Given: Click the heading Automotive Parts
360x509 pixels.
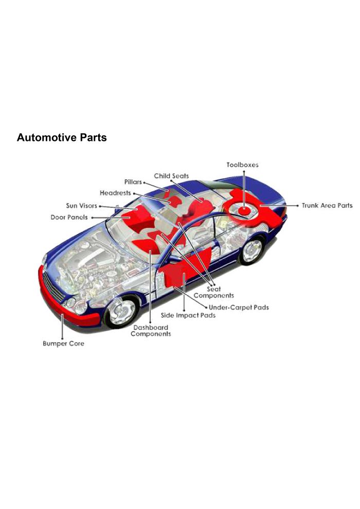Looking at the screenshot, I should click(62, 138).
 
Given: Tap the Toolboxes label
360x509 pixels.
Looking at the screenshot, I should click(242, 165).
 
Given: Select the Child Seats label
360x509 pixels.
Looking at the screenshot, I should click(171, 176).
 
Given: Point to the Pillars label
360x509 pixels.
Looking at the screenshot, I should click(133, 183).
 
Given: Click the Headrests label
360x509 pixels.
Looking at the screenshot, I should click(115, 193).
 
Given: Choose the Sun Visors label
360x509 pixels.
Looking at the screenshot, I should click(81, 206).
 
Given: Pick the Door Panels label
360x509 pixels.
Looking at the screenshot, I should click(69, 217).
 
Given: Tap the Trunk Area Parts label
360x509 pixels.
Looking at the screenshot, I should click(327, 206).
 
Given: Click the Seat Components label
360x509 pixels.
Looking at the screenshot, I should click(213, 292).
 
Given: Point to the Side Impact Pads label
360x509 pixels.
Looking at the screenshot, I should click(188, 315).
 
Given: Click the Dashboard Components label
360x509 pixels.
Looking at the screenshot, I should click(151, 331).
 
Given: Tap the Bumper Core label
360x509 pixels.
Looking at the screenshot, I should click(63, 343).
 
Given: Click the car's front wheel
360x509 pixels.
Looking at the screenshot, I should click(122, 310).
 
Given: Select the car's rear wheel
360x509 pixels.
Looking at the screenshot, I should click(251, 250).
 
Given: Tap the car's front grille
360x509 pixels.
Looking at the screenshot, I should click(54, 286).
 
